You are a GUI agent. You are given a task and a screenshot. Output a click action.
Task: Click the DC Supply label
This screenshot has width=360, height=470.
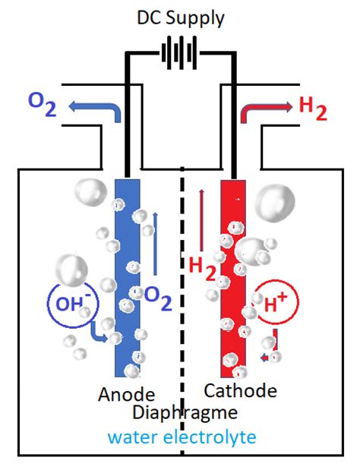[180, 17]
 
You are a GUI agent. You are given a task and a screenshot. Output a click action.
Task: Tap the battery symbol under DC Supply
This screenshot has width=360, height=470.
[180, 55]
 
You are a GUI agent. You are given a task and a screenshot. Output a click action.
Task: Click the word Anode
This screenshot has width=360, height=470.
[126, 394]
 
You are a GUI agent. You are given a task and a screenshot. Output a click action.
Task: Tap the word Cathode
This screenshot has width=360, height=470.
[240, 392]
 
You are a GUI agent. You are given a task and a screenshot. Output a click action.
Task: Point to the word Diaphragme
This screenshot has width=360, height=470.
[185, 413]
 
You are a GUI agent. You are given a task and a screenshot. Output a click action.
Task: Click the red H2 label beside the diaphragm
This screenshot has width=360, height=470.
[202, 267]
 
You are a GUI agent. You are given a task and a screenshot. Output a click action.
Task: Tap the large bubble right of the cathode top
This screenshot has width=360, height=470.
[274, 201]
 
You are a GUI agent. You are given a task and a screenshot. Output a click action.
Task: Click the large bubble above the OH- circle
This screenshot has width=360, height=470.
[73, 269]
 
